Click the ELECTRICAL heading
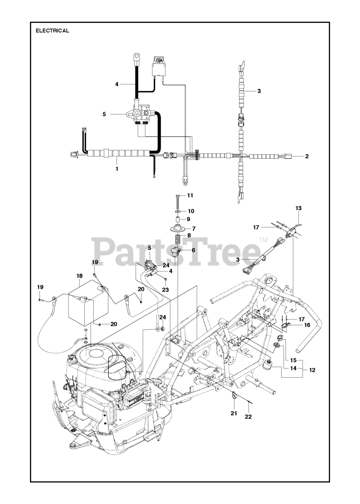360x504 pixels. click(52, 31)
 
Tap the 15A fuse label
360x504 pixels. click(158, 61)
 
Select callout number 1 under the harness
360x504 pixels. click(117, 168)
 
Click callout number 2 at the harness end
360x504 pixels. click(307, 156)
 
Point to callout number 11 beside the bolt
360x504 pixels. click(190, 195)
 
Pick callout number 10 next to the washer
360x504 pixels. click(191, 211)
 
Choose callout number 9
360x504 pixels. click(188, 219)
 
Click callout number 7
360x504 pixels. click(193, 228)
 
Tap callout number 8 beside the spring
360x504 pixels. click(189, 235)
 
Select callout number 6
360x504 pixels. click(193, 250)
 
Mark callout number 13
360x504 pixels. click(298, 208)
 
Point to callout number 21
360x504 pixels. click(234, 413)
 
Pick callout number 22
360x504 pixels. click(248, 416)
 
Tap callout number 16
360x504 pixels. click(307, 325)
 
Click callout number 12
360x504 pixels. click(312, 370)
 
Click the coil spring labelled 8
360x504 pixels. click(178, 239)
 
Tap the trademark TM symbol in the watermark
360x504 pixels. click(263, 240)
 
